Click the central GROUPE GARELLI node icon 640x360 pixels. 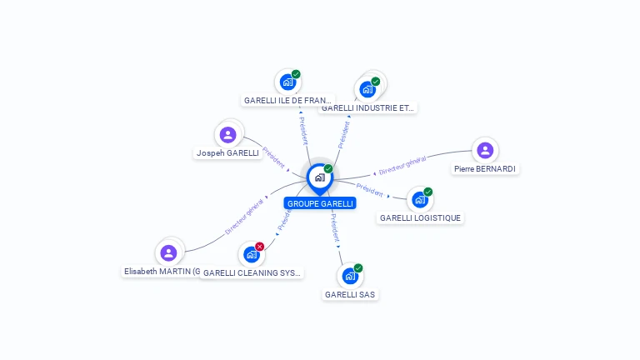point(319,177)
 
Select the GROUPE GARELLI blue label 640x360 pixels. point(320,203)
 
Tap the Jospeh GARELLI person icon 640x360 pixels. point(227,135)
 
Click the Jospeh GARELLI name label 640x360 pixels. point(227,153)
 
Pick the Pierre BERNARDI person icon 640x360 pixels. point(485,151)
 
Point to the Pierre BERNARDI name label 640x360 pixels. point(485,169)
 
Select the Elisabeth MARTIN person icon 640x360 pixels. point(169,252)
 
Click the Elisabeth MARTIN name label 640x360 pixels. point(162,272)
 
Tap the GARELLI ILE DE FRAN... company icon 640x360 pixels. point(287,82)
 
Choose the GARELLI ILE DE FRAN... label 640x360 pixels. point(287,101)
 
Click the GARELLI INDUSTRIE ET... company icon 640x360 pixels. point(367,89)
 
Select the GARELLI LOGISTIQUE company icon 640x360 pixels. point(420,200)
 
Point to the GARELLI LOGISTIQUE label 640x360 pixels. point(420,218)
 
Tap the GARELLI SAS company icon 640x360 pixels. point(350,276)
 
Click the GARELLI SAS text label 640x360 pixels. point(350,294)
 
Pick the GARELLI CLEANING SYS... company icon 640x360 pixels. point(251,255)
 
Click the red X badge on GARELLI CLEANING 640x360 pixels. point(260,247)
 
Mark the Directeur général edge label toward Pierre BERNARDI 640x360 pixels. point(402,165)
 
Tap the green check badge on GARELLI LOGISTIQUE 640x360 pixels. point(428,192)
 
